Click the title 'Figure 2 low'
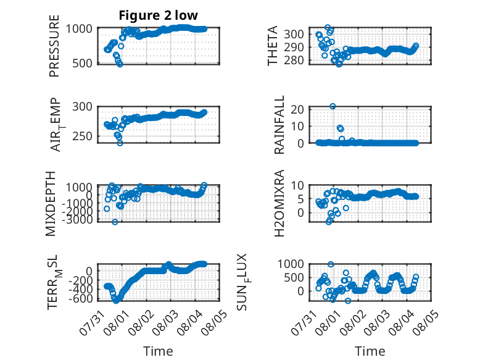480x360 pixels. click(159, 15)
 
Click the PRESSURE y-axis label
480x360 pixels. click(54, 46)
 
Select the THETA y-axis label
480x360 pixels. click(272, 46)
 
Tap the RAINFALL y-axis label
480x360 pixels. click(279, 125)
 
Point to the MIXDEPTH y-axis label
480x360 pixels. click(51, 204)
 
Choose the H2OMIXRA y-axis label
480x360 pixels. click(279, 203)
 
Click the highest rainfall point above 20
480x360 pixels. click(333, 106)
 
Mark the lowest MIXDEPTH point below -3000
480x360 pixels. click(115, 222)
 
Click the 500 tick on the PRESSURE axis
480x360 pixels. click(82, 64)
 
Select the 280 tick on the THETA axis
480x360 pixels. click(294, 61)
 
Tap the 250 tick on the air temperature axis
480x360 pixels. click(82, 136)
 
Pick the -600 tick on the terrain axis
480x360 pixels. click(80, 298)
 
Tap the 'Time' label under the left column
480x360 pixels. click(159, 351)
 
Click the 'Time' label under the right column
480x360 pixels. click(370, 351)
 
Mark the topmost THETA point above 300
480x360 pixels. click(328, 28)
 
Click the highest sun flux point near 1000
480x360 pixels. click(331, 264)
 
